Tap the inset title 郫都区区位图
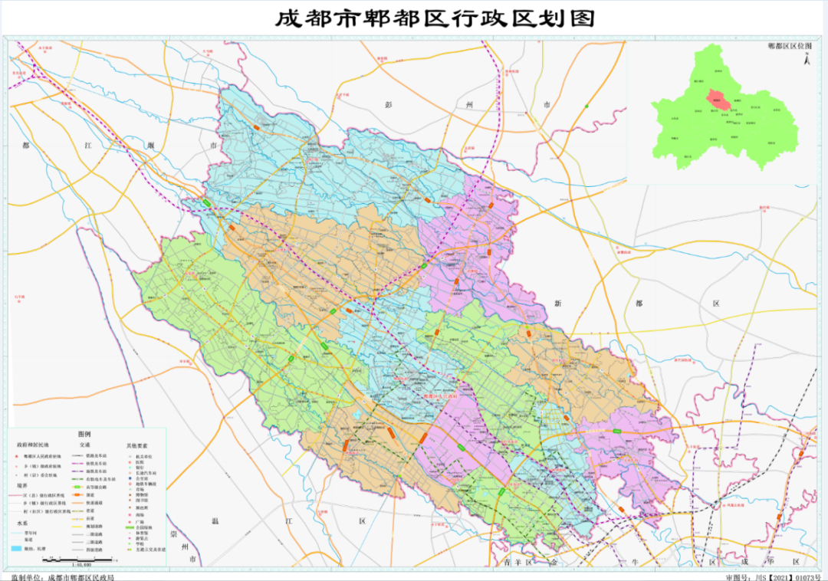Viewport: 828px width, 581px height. coord(790,46)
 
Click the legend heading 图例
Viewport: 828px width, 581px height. coord(84,434)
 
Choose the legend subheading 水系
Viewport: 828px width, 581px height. coord(22,524)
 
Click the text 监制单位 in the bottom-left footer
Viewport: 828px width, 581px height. coord(25,577)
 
